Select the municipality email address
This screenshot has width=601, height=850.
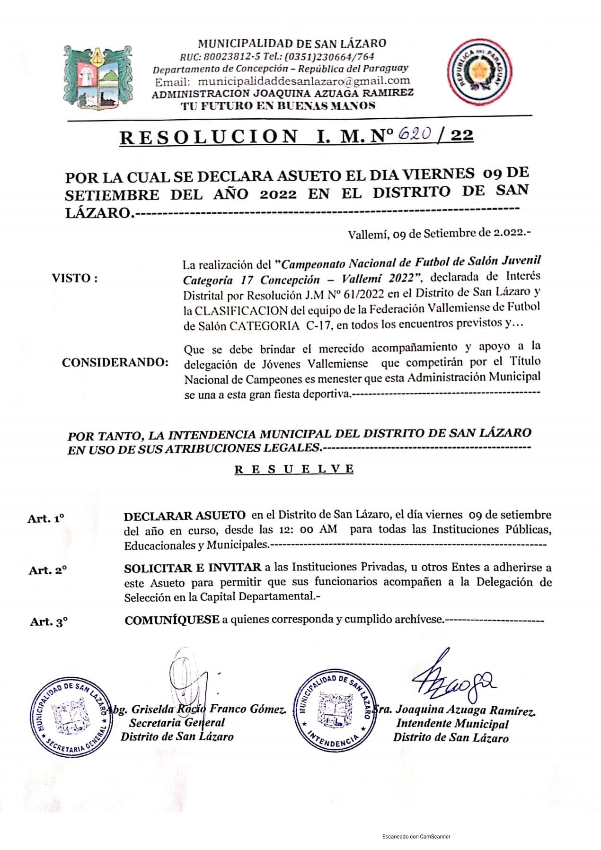click(304, 81)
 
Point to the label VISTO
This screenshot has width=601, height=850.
click(75, 278)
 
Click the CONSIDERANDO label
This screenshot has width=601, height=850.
click(115, 362)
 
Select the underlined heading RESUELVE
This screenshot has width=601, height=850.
click(294, 469)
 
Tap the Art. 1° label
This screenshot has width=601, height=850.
click(46, 518)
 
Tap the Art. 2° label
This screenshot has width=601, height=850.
click(47, 570)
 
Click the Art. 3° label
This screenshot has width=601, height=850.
click(49, 622)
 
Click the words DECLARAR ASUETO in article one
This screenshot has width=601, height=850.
click(185, 516)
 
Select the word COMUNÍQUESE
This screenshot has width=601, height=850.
click(172, 620)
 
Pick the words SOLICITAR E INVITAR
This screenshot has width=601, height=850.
click(193, 568)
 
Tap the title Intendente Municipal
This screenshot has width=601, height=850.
click(452, 724)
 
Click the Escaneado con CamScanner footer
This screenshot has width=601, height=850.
click(416, 837)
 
